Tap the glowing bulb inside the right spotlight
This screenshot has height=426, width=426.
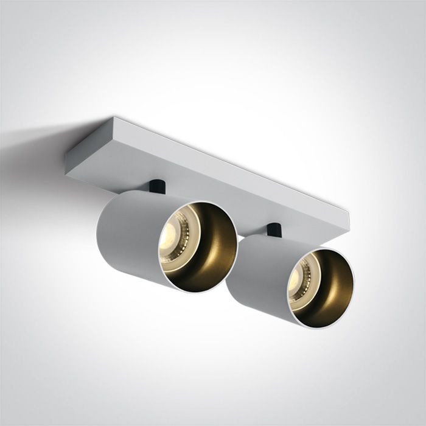click(x=297, y=278)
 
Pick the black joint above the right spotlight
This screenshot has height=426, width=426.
click(x=273, y=231)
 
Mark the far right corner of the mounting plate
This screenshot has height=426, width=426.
click(x=349, y=212)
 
